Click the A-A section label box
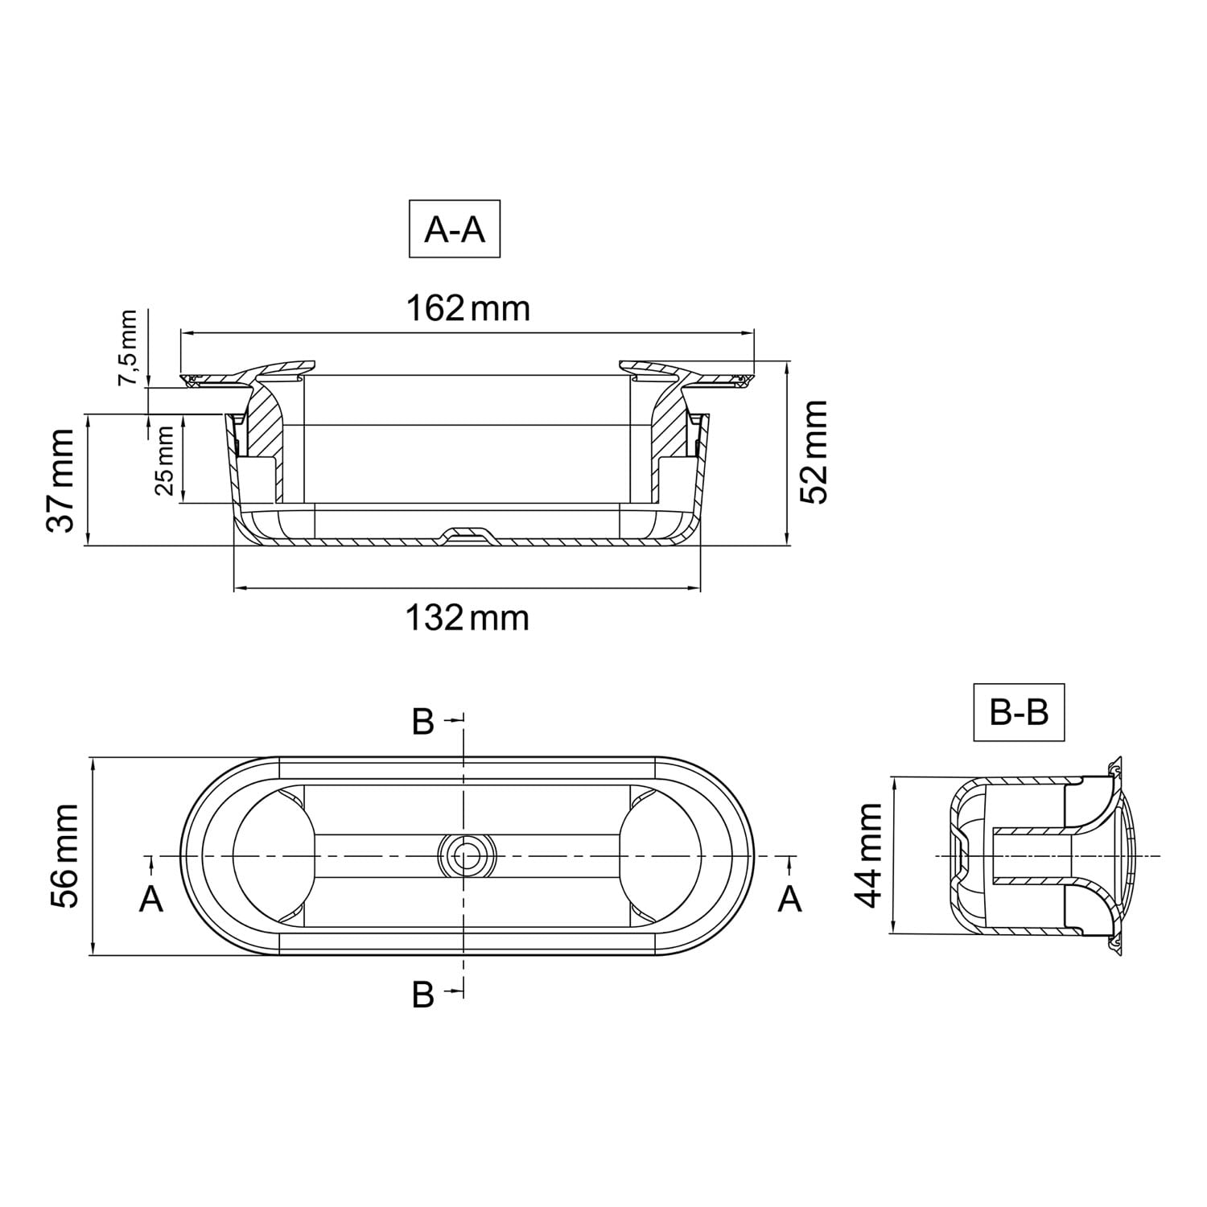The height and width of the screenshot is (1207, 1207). tap(455, 229)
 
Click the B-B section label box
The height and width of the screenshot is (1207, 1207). tap(1019, 711)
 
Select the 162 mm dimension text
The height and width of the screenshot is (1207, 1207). tap(468, 307)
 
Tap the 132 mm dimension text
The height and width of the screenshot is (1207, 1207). tap(467, 618)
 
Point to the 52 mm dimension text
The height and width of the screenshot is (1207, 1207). tap(814, 452)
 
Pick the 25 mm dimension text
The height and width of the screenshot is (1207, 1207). tap(163, 460)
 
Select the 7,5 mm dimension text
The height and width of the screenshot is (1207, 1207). tap(128, 348)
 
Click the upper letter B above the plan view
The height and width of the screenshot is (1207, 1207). tap(423, 722)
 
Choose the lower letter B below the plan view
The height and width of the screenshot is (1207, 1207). tap(423, 995)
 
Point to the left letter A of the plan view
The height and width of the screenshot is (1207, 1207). tap(151, 898)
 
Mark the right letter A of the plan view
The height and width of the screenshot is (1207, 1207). tap(790, 898)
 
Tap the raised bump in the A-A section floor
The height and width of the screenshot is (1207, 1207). tap(466, 533)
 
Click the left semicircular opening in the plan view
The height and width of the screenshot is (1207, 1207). tap(273, 855)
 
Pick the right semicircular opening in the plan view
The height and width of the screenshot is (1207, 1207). tap(660, 855)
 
